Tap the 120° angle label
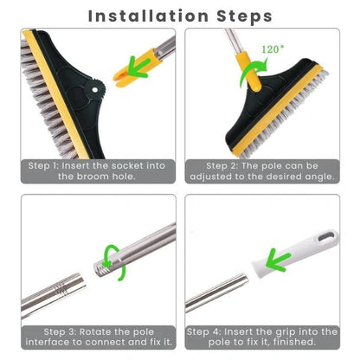(x=270, y=49)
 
